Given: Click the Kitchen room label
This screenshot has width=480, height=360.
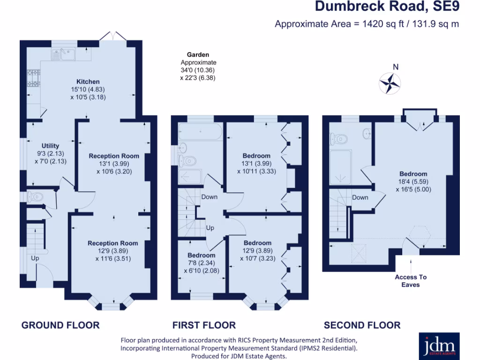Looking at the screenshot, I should [x=88, y=82].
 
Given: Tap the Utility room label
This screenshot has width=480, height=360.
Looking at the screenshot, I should [x=50, y=146].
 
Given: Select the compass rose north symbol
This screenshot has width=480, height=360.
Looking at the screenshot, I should [x=390, y=82].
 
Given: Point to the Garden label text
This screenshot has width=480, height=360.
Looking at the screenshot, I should [x=198, y=55].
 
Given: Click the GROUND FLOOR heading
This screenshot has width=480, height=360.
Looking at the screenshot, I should [x=60, y=325].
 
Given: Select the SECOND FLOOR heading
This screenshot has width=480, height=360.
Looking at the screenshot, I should [x=362, y=325].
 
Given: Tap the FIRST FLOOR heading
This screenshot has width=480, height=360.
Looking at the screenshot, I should [x=204, y=325].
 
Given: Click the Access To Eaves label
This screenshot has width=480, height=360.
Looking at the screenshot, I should [x=411, y=281].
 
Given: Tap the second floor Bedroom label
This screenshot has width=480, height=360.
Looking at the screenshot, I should [x=413, y=174].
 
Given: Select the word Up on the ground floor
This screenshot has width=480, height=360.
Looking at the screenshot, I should [x=35, y=258].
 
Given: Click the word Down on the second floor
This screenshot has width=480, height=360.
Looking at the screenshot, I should [x=360, y=197].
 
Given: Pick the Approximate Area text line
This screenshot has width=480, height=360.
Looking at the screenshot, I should [x=367, y=24].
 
